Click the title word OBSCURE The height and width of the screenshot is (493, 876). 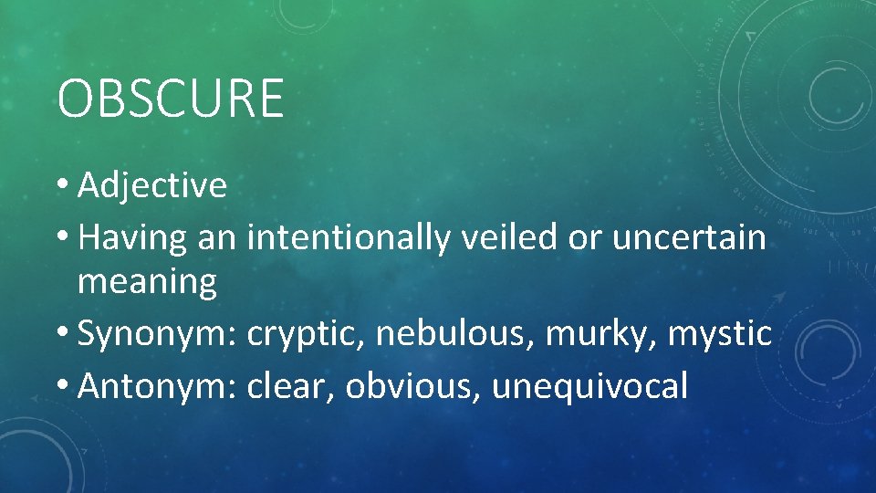pos(171,99)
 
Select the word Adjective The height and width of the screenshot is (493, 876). pos(152,185)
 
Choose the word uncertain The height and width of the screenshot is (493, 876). pos(689,238)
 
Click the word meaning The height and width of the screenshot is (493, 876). pos(148,282)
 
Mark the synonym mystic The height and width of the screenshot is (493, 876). pos(720,333)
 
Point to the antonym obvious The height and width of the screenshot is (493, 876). pos(414,386)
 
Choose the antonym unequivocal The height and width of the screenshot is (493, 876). pos(589,386)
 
